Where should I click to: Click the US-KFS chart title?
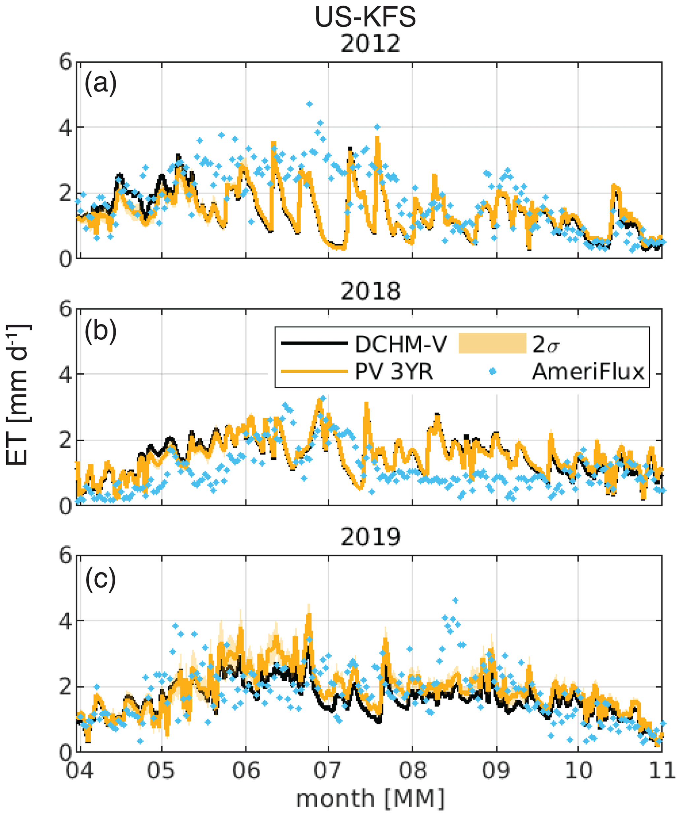tap(365, 17)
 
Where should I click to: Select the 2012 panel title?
tap(370, 44)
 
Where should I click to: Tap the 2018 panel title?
tap(370, 291)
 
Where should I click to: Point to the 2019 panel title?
tap(370, 537)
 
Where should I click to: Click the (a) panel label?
tap(100, 83)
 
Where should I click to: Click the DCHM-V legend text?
tap(401, 344)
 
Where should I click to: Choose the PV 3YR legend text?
tap(394, 372)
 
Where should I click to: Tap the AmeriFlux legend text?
tap(588, 372)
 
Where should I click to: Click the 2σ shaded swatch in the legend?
tap(492, 343)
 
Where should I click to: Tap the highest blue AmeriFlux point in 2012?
tap(309, 104)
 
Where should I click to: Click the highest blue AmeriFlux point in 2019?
tap(455, 600)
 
